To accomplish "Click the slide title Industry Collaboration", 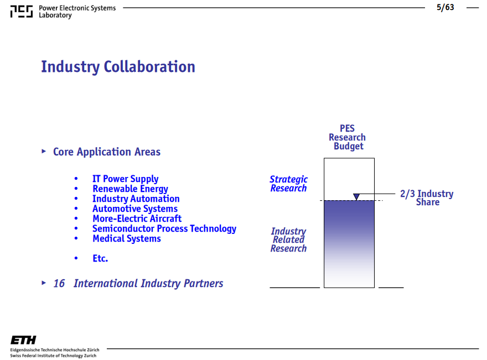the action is point(118,67).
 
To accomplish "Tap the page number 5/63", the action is point(445,7).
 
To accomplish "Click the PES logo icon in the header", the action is point(22,12).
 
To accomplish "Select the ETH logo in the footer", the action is point(23,340).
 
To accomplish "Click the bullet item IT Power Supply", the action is point(126,179).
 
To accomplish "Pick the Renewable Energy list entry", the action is point(130,189).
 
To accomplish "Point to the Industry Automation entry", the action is point(136,199).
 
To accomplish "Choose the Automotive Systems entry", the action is point(135,208).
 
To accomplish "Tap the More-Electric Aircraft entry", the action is point(137,218).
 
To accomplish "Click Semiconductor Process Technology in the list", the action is point(164,229).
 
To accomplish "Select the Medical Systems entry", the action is point(127,239).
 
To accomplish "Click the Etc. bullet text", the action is point(100,258).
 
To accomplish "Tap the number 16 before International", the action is point(59,283).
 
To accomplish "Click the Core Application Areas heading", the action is point(107,152).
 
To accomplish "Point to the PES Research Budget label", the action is point(347,137).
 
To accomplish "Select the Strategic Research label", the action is point(288,184).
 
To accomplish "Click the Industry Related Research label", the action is point(288,240).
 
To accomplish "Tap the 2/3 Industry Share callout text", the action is point(427,197).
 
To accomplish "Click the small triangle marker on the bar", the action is point(356,196).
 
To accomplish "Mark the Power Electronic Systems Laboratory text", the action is point(77,12).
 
